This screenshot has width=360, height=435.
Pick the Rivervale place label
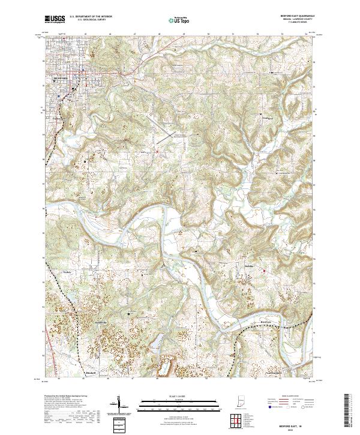click(x=269, y=321)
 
